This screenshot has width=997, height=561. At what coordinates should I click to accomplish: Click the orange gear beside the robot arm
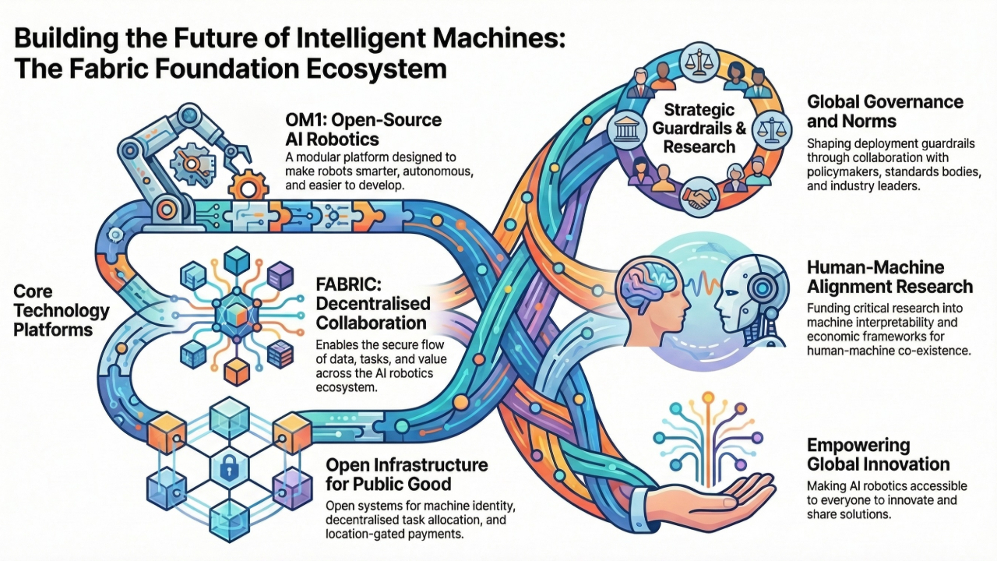245,186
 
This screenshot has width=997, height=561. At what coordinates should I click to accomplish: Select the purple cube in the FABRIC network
278,275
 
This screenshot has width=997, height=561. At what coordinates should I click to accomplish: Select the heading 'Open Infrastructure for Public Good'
407,475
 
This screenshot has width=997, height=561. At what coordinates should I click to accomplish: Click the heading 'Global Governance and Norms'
885,111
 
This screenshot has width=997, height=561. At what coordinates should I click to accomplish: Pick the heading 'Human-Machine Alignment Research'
890,277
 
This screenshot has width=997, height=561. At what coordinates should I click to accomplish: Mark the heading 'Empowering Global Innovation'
878,455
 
